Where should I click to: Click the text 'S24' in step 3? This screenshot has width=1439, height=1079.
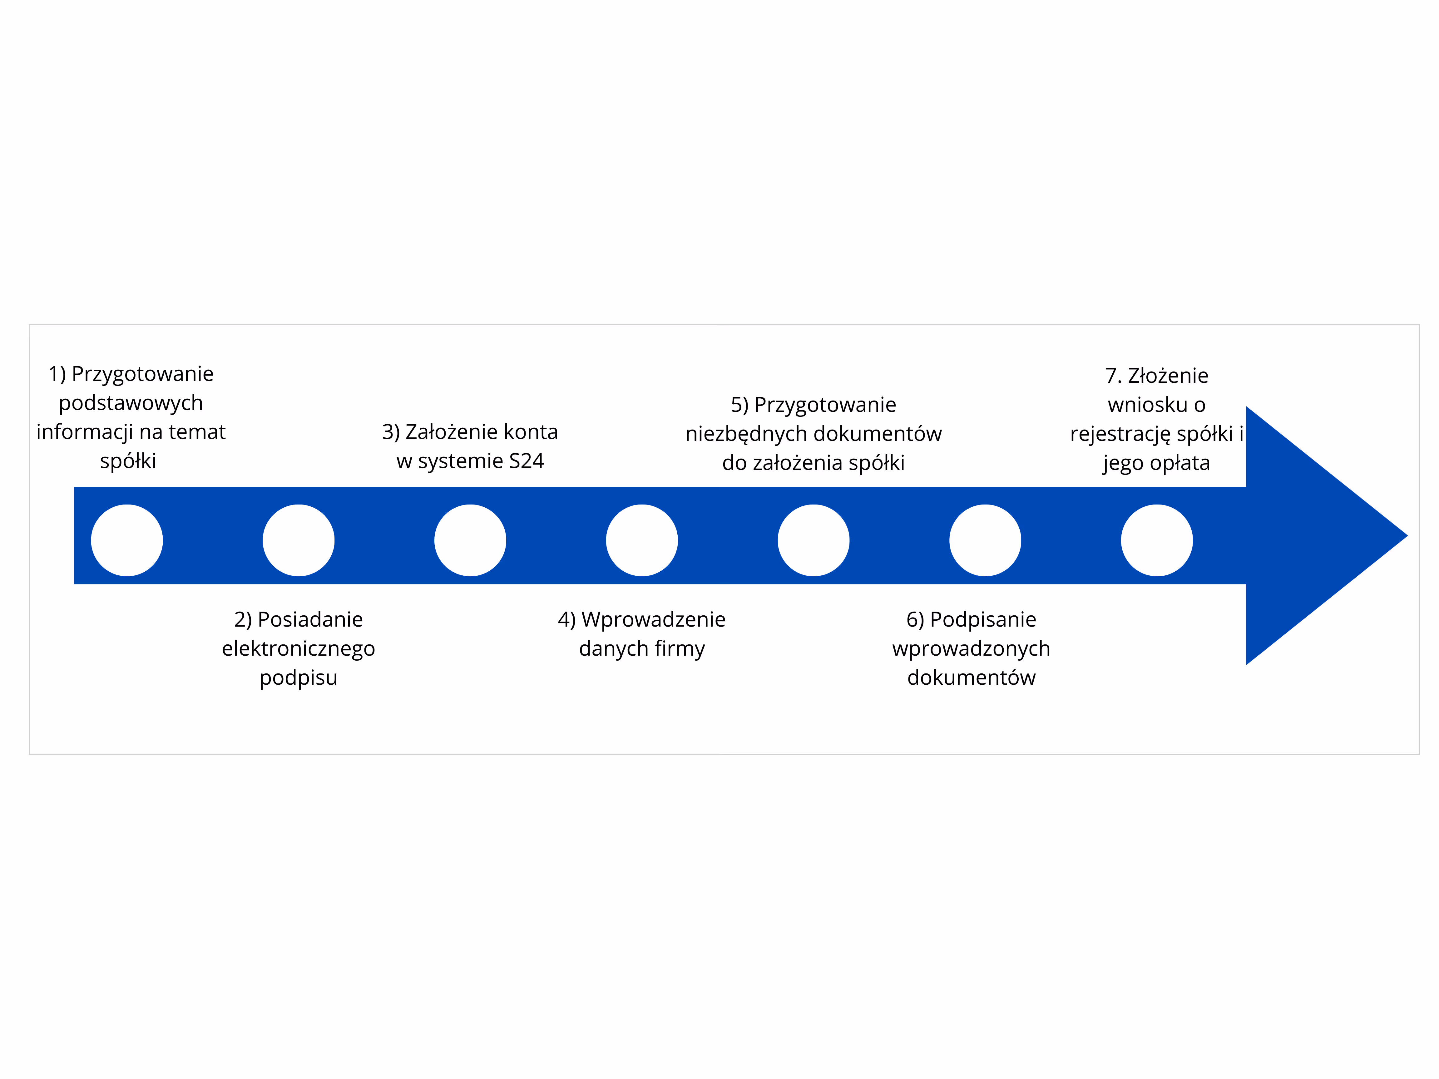pyautogui.click(x=526, y=461)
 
